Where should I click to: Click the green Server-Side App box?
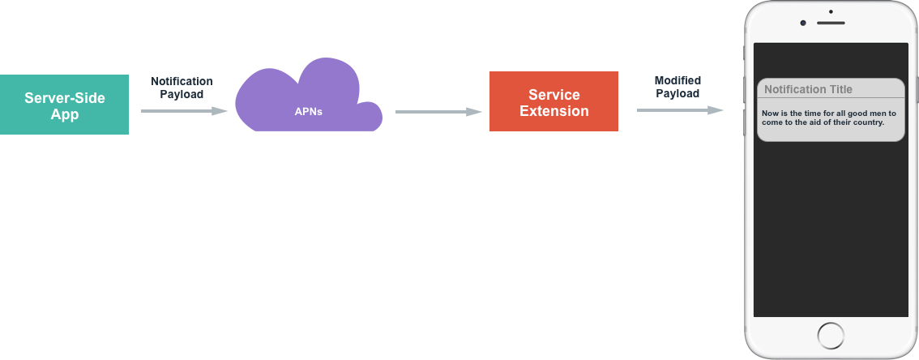(x=64, y=105)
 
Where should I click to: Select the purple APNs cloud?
(x=308, y=101)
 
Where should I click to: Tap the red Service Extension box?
(x=554, y=102)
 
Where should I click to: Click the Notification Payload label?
(x=182, y=88)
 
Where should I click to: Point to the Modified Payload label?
(x=677, y=87)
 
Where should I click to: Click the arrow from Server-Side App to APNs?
(x=184, y=110)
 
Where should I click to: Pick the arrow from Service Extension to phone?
(x=680, y=109)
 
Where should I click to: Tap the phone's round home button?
(x=831, y=335)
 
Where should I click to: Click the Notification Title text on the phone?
(x=808, y=89)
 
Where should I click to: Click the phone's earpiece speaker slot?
(x=831, y=23)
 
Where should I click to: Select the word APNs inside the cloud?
(x=308, y=112)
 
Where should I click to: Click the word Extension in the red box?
(x=554, y=111)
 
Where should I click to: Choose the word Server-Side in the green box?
(x=65, y=98)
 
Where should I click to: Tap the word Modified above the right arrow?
(x=677, y=81)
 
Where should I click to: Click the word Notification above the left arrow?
(x=182, y=81)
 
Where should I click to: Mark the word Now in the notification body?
(x=770, y=113)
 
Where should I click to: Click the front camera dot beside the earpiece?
(x=803, y=23)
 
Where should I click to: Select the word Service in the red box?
(x=554, y=95)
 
